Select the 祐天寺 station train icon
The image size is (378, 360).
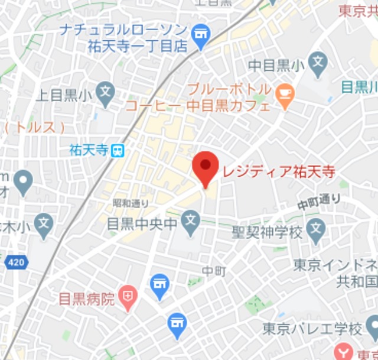(x=118, y=150)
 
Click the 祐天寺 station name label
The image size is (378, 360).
(x=89, y=150)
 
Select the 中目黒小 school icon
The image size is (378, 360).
(x=318, y=60)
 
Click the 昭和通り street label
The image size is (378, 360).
(x=131, y=203)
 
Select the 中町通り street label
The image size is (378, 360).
(x=319, y=202)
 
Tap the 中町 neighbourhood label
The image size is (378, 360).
(x=214, y=271)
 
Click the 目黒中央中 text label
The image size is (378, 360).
(x=142, y=224)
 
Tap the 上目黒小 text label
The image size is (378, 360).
(x=64, y=94)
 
